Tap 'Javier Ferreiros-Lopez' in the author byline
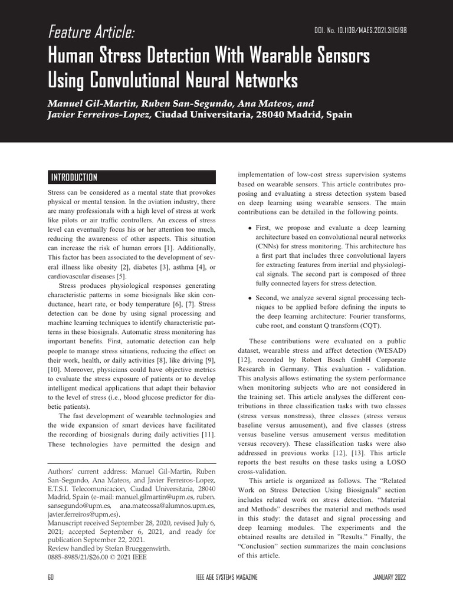click(99, 114)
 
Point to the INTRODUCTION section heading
click(74, 178)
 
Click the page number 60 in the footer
click(51, 576)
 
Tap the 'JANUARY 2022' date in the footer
click(389, 576)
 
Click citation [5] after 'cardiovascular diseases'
click(121, 276)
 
